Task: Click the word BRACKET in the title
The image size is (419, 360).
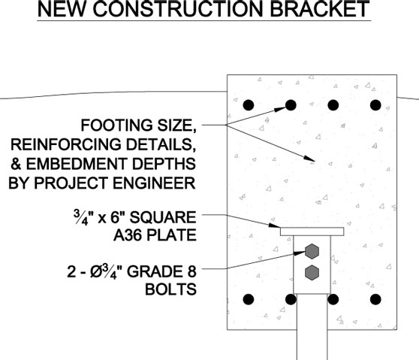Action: coord(320,8)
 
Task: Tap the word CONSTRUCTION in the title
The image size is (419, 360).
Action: coord(179,8)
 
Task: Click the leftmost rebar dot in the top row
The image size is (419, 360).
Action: coord(249,105)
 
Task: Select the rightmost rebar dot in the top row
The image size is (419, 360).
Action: coord(375,105)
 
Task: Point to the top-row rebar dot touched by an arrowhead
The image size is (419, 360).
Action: coord(291,105)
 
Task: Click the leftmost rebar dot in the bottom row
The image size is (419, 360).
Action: coord(249,299)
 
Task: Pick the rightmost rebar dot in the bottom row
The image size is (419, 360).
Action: coord(375,299)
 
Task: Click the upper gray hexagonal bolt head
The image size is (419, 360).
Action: coord(312,251)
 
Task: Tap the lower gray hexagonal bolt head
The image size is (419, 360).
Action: coord(312,273)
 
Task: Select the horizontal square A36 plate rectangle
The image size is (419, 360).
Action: coord(312,231)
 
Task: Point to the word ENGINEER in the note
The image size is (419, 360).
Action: coord(154,183)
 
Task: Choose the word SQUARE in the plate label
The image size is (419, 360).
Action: coord(163,217)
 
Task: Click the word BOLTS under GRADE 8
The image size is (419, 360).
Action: coord(170,289)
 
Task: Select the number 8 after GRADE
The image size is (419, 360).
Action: coord(192,271)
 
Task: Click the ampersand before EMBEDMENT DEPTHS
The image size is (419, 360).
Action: coord(16,164)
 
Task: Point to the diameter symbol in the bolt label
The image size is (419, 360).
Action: coord(95,272)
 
